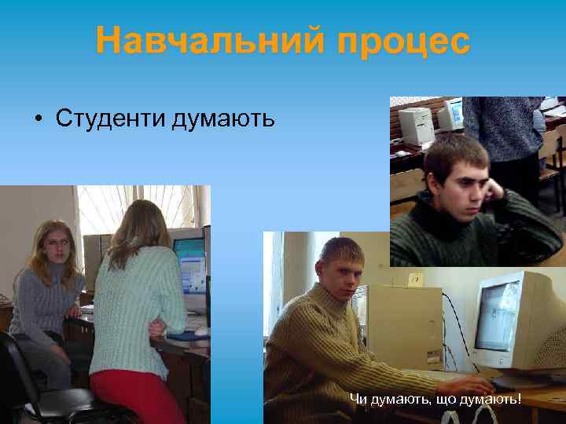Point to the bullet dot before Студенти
coord(38,119)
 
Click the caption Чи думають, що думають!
coord(435,400)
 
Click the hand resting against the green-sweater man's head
coord(494,191)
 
